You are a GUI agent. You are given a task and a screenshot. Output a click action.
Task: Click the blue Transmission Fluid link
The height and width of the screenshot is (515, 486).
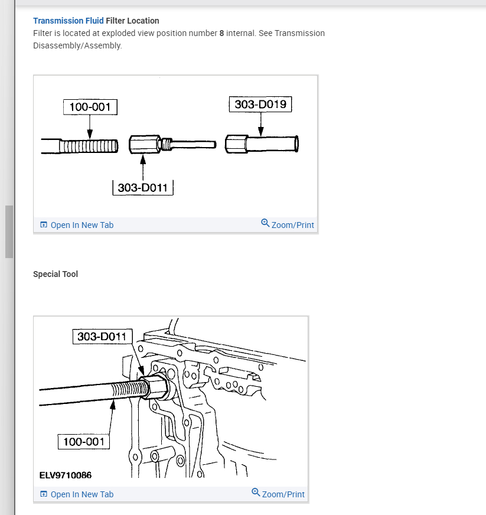68,21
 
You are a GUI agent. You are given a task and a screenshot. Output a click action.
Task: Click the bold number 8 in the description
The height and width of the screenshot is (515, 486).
221,33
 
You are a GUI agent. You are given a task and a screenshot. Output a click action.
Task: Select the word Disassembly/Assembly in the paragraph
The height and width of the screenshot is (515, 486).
77,45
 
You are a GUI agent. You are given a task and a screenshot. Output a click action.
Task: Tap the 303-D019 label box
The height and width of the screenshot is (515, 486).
260,105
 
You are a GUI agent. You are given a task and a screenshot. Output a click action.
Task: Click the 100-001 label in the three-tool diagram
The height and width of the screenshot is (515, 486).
90,107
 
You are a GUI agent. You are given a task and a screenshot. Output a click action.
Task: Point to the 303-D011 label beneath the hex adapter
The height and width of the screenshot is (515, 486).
142,188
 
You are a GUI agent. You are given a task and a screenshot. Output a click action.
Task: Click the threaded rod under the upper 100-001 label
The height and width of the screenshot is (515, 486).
89,145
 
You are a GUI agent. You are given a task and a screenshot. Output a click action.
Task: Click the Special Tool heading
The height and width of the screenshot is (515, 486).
56,274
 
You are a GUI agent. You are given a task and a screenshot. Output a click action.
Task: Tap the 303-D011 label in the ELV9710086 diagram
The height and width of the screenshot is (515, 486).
102,337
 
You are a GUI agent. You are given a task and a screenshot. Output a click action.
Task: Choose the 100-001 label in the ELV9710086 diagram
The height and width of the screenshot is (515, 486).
84,441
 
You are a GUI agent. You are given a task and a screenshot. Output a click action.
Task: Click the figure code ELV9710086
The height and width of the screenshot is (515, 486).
66,475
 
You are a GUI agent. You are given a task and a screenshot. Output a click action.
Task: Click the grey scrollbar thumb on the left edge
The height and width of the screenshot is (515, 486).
9,232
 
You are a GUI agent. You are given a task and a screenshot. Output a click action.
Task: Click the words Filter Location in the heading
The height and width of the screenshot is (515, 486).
132,21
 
